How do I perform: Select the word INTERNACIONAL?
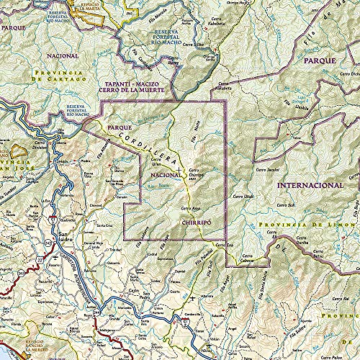click(x=312, y=184)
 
